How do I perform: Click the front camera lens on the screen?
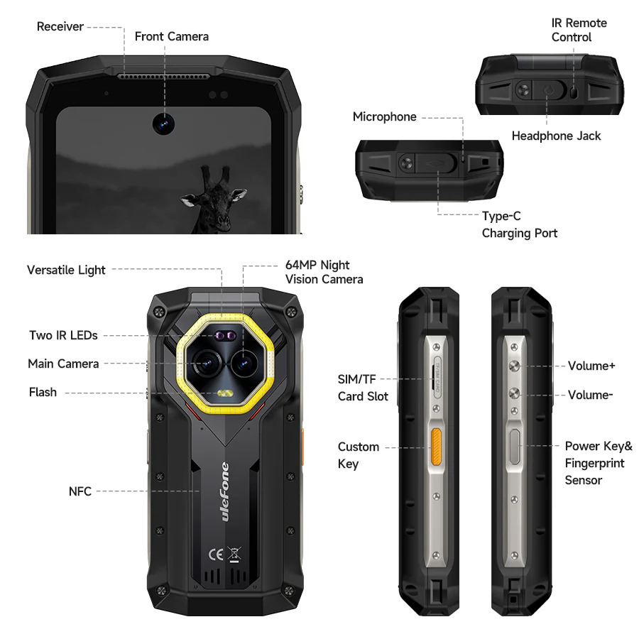click(x=163, y=123)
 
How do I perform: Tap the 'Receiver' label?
click(x=60, y=27)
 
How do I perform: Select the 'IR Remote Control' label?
click(x=579, y=30)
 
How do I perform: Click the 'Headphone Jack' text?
click(x=556, y=136)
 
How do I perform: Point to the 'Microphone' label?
click(x=384, y=116)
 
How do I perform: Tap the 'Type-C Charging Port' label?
click(x=519, y=224)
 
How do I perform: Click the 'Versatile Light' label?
click(x=66, y=270)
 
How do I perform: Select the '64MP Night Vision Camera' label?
click(x=324, y=272)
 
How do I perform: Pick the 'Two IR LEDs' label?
click(x=63, y=335)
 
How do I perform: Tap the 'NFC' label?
click(x=80, y=491)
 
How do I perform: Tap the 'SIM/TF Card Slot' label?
click(x=363, y=388)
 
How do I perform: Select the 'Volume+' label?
click(x=591, y=366)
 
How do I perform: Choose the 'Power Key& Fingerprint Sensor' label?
click(x=598, y=463)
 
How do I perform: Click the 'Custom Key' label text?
click(x=358, y=455)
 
